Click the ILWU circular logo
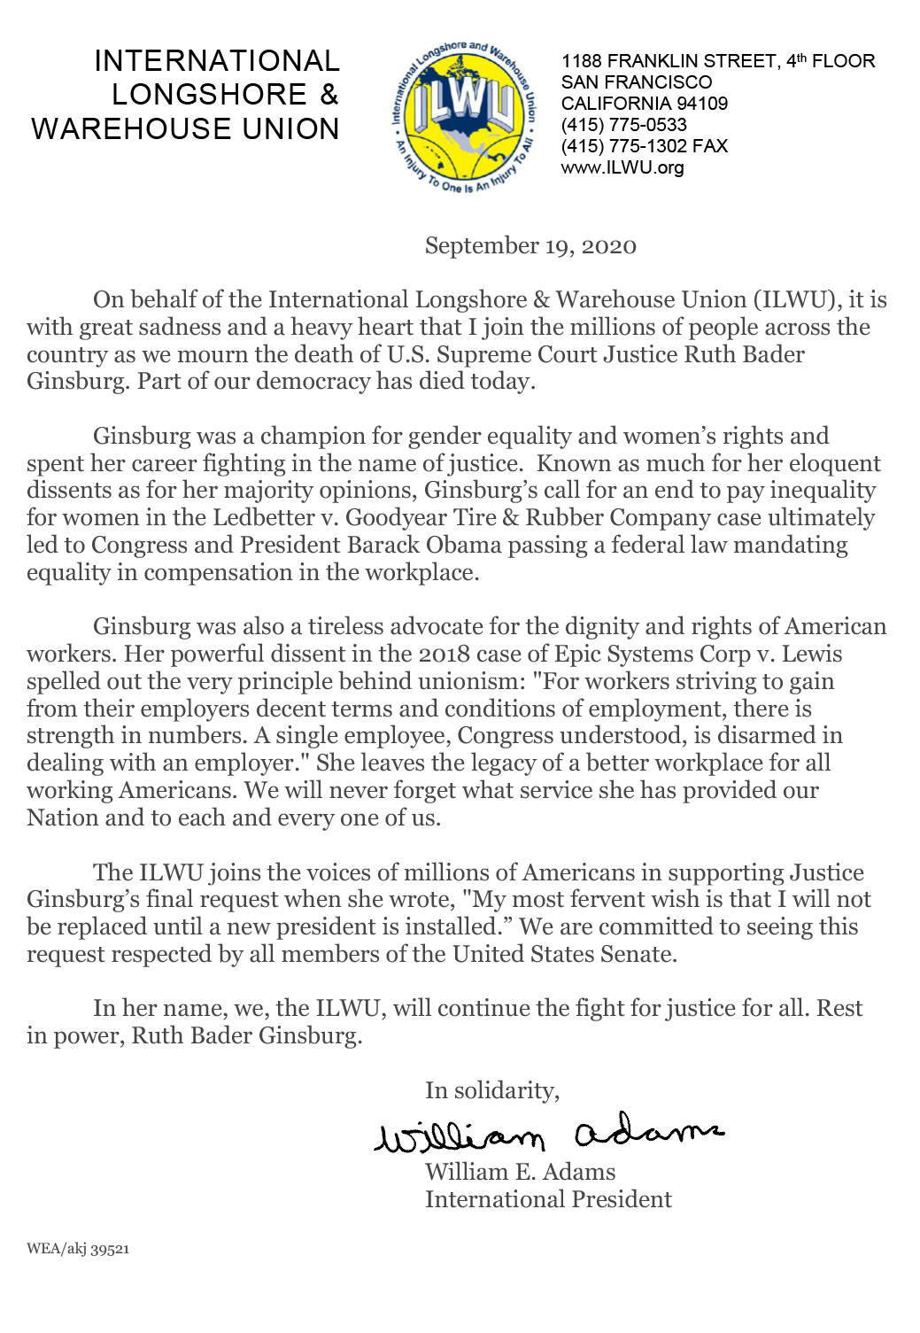[x=463, y=116]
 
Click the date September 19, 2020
[x=530, y=246]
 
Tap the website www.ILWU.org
[x=622, y=167]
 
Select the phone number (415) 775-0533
[x=623, y=125]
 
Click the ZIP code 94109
[x=702, y=104]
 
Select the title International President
[x=548, y=1199]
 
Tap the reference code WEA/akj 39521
[x=78, y=1249]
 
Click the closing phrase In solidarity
[x=491, y=1090]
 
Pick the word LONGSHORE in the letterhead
[x=209, y=95]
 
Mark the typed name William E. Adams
[x=520, y=1172]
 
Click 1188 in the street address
[x=581, y=61]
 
